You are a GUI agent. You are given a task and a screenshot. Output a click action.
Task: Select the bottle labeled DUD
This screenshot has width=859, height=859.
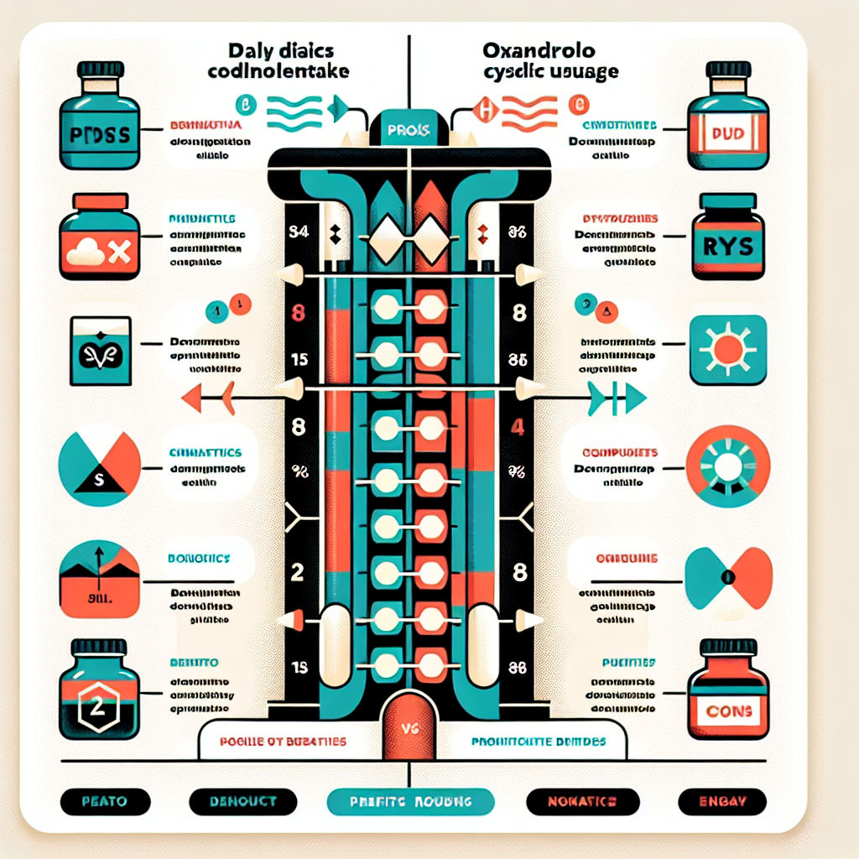tap(727, 125)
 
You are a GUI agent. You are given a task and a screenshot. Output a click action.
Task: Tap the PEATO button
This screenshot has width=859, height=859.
tap(106, 802)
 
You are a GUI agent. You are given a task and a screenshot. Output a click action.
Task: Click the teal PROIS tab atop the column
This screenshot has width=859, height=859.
tap(409, 131)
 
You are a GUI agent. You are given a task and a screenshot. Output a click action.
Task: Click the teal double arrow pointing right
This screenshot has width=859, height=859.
tap(617, 398)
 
